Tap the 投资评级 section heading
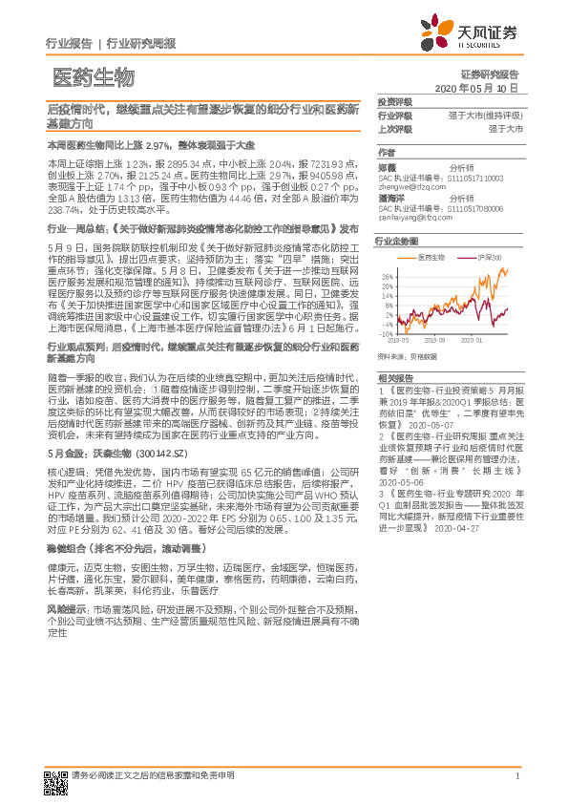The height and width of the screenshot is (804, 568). [394, 101]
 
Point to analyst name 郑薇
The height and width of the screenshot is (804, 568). [386, 166]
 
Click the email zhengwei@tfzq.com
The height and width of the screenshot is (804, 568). [411, 187]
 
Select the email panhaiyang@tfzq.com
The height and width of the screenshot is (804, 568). [415, 218]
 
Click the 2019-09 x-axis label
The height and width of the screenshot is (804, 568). [435, 340]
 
